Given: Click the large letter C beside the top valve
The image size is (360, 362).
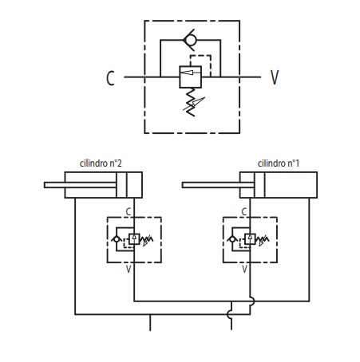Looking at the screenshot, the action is [x=110, y=78].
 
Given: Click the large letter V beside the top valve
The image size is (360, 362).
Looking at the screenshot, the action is [x=275, y=77].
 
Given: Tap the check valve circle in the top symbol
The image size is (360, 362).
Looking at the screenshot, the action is [x=191, y=40].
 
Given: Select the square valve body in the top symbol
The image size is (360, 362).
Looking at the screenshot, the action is [x=190, y=77].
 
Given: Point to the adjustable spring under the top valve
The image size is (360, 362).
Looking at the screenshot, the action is [x=193, y=103].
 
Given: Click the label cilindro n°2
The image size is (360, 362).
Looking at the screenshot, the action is [x=101, y=163].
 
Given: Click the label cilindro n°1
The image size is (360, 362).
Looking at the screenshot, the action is [x=279, y=163].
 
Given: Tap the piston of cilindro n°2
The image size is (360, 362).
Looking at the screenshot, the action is [x=121, y=185].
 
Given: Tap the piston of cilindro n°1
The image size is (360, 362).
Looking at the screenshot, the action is [x=259, y=185].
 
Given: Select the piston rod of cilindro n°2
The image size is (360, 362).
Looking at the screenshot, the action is [x=80, y=185].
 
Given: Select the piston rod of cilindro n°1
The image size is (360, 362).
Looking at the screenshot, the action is [x=218, y=185].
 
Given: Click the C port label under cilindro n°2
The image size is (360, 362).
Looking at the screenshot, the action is [x=129, y=212].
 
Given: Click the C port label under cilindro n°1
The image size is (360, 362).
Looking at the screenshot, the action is [x=244, y=212].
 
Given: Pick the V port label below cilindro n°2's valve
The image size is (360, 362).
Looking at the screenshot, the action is [x=129, y=270].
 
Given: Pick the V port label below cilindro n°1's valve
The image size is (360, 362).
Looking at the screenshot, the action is [x=244, y=270].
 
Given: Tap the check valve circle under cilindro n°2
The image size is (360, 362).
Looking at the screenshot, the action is [x=117, y=239].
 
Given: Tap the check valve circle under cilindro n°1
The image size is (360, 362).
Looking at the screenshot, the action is [x=232, y=239].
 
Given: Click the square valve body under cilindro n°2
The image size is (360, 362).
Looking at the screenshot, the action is [x=134, y=239].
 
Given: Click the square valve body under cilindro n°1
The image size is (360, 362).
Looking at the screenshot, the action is [x=250, y=239].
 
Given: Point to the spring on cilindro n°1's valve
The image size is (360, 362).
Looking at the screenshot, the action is [x=263, y=240].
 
